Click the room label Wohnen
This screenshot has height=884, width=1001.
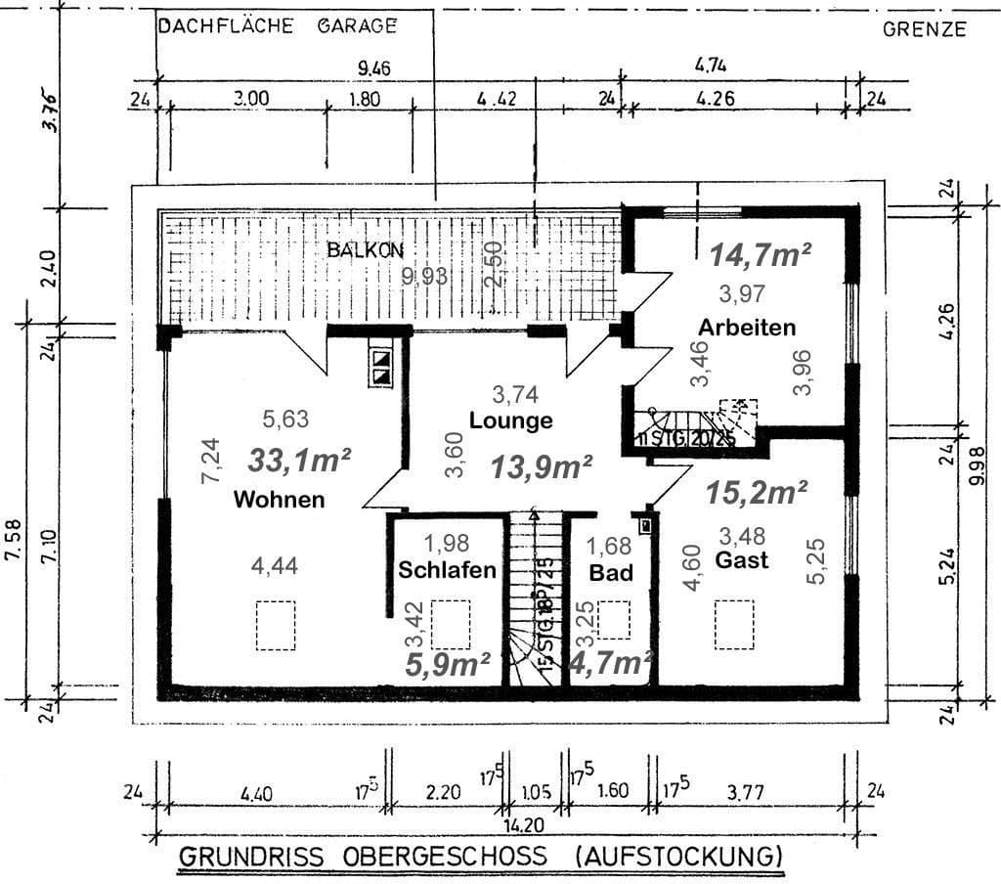(x=279, y=500)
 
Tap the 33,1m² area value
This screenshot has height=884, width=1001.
(x=299, y=460)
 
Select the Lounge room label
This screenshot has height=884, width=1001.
(x=510, y=421)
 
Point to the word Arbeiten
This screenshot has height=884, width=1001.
(x=747, y=327)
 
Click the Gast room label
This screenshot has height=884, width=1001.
(x=741, y=561)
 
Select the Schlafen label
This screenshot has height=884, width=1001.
(x=447, y=570)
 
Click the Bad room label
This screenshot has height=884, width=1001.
(x=611, y=572)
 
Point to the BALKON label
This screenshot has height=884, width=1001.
(x=365, y=250)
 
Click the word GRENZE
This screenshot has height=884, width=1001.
(x=924, y=29)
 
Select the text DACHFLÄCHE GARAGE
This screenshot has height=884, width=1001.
(x=278, y=26)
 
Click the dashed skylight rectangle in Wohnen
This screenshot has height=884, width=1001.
(x=276, y=625)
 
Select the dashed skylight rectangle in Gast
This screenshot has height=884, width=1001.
(x=734, y=624)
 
